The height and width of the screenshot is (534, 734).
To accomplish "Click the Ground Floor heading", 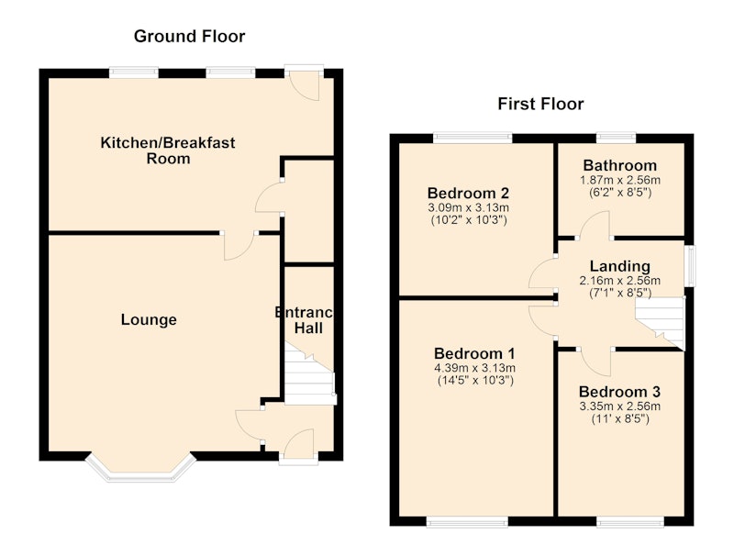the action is click(189, 37).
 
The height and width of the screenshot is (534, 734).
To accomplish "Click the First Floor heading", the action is click(540, 104).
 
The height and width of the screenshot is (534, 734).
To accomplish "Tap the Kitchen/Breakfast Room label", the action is click(168, 150).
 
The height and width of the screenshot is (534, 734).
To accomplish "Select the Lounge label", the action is click(149, 319).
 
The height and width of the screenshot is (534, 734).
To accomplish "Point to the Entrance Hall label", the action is click(305, 320).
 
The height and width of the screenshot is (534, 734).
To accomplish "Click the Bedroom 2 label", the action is click(468, 193).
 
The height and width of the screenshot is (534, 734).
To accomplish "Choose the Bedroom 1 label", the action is click(474, 353).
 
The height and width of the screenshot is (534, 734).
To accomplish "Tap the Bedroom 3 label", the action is click(620, 392).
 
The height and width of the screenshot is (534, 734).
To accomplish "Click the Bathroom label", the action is click(620, 166).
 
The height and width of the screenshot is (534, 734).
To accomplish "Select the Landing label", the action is click(620, 266).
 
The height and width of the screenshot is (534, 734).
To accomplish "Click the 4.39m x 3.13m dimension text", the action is click(474, 368).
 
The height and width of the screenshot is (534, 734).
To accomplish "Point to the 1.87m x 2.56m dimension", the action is click(620, 180).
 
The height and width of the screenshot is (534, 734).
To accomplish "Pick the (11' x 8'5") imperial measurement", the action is click(620, 418).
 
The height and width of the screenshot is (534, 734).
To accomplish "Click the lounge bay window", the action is click(140, 468).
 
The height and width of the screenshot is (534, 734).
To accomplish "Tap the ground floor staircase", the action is click(310, 374).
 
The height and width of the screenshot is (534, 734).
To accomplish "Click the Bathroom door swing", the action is click(595, 225).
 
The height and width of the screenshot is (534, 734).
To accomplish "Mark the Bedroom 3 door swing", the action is click(596, 362).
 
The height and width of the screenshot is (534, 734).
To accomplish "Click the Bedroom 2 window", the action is click(473, 138).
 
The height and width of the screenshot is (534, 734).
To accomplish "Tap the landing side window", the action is click(691, 266).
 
